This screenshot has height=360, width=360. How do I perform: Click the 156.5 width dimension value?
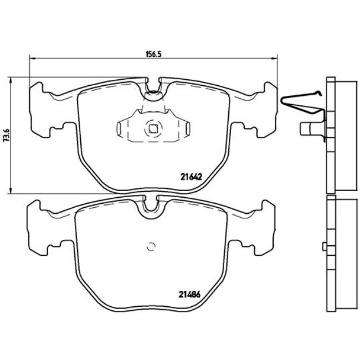tap(152, 54)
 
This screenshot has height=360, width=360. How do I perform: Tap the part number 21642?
tap(190, 177)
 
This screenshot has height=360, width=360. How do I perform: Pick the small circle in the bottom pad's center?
tap(151, 247)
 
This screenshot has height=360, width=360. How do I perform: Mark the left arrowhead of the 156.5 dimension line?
tap(30, 59)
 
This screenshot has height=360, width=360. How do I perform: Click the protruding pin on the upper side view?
tap(306, 129)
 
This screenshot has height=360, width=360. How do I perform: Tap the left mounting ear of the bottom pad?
tap(38, 228)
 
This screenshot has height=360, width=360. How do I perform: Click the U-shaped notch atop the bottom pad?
tap(151, 205)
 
